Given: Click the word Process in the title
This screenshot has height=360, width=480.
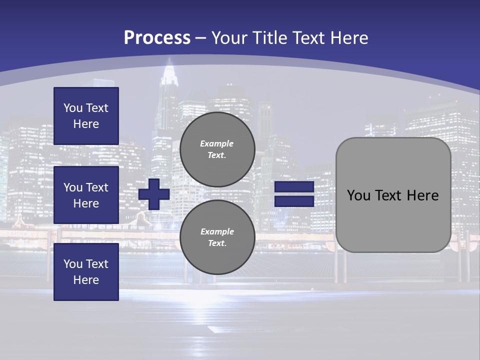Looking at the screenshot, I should (157, 38).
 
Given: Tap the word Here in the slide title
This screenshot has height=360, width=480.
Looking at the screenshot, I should (348, 38).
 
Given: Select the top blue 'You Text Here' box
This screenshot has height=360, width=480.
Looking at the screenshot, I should (86, 116).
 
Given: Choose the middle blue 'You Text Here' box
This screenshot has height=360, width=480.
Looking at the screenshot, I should (86, 195).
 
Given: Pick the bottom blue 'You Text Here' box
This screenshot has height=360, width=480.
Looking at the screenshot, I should (86, 272).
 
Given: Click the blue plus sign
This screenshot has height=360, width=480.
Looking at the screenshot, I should (154, 194).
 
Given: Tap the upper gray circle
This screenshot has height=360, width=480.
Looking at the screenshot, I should (217, 149).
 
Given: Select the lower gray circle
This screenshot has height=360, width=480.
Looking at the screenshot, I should (217, 237).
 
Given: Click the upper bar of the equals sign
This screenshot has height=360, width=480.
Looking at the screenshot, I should (294, 187).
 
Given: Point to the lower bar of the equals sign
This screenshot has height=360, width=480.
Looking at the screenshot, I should (294, 201).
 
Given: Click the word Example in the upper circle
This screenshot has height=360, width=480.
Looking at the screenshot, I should (217, 143).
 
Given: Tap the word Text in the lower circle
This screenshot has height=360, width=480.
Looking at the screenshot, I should (217, 243).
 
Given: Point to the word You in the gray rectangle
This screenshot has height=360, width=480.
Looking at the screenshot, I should (358, 195).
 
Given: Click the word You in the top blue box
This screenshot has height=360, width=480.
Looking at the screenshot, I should (73, 108).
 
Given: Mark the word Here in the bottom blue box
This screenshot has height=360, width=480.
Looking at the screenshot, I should (86, 280).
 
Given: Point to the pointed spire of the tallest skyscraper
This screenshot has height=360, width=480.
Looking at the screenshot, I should (169, 62).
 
